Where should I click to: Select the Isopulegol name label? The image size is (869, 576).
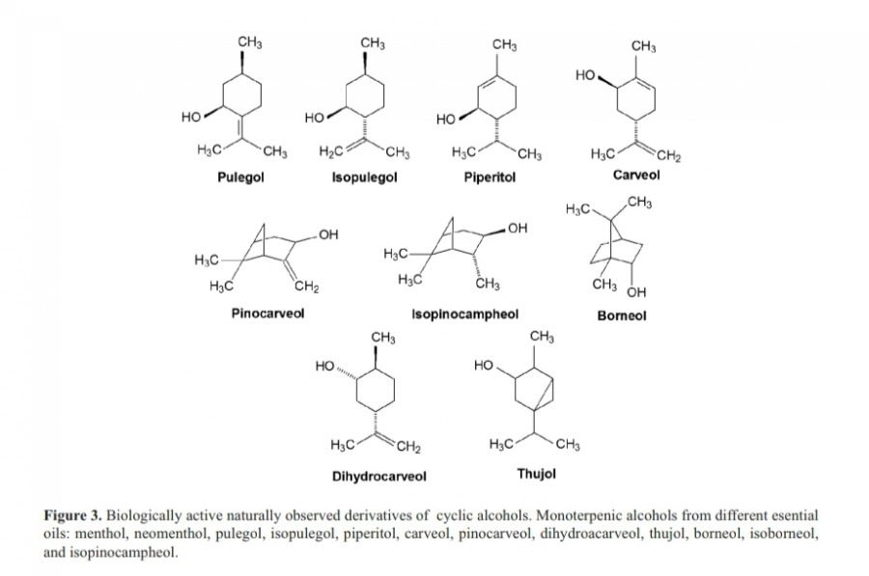click(x=364, y=178)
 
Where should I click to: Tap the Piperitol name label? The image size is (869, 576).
click(x=497, y=178)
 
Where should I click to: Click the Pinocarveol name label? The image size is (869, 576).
click(x=267, y=314)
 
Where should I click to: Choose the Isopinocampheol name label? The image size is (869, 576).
click(x=464, y=314)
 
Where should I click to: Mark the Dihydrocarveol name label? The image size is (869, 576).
click(x=379, y=476)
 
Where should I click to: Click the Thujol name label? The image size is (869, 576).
click(x=537, y=474)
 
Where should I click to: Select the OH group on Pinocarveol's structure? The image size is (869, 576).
click(x=328, y=234)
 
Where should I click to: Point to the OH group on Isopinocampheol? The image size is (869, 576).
click(x=518, y=229)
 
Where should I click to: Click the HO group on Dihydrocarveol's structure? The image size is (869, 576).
click(x=326, y=367)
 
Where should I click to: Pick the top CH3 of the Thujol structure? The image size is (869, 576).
click(x=543, y=336)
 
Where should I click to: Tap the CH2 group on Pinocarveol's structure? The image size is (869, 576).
click(x=307, y=282)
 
